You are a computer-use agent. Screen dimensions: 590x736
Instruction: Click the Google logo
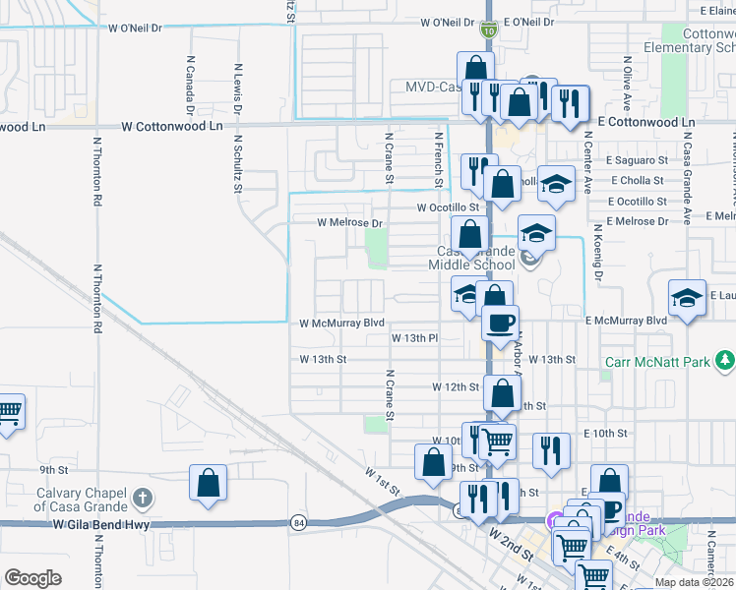[x=32, y=577]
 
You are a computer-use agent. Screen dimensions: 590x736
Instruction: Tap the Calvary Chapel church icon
[x=143, y=499]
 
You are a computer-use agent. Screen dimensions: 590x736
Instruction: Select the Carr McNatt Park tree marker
[x=725, y=362]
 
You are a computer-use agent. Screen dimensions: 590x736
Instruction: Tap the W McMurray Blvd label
[x=342, y=323]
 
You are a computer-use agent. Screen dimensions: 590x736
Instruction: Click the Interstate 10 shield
[x=488, y=31]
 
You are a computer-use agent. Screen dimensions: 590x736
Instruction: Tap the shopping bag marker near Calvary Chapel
[x=209, y=483]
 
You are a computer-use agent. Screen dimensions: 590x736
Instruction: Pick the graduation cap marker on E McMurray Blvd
[x=687, y=296]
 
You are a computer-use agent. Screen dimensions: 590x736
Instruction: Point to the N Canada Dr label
[x=189, y=84]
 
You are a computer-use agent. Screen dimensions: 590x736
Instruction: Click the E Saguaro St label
[x=637, y=159]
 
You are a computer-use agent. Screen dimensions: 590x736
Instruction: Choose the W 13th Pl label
[x=413, y=337]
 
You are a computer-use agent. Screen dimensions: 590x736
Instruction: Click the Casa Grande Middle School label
[x=475, y=258]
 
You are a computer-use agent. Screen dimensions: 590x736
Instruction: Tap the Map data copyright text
[x=694, y=583]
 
